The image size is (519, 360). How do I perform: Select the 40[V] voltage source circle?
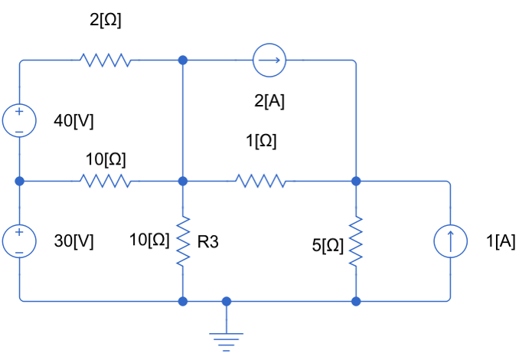coord(20,121)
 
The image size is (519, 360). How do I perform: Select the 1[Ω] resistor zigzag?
coord(261,182)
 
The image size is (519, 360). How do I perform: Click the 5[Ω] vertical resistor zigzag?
coord(355,242)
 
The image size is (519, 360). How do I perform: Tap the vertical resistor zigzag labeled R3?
coord(182,242)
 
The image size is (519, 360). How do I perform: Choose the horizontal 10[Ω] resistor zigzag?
coord(105,182)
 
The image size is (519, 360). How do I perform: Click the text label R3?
coord(208,243)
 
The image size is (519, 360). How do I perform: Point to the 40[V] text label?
coord(73,121)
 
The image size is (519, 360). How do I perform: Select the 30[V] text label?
coord(73,241)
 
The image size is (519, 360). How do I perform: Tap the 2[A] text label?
coord(269,101)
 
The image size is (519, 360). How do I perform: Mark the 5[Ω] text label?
coord(328,245)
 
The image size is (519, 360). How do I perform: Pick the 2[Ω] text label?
coord(106,21)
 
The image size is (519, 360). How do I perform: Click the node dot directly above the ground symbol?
coord(227,301)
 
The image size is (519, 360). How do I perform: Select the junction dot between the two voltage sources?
coord(20,182)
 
